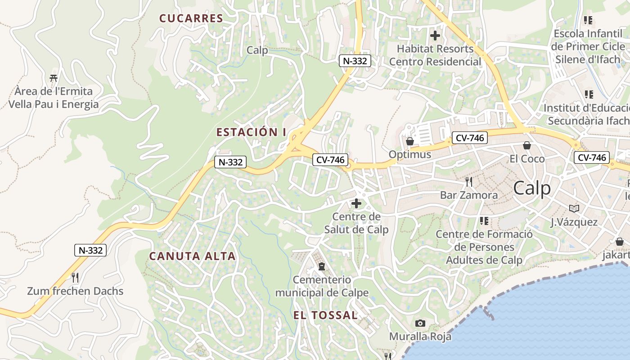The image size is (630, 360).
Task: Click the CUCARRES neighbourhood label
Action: point(191,18)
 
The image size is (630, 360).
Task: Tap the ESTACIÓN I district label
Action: point(251,132)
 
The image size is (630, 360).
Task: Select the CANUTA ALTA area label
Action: point(192,256)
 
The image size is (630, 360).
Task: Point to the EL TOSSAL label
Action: point(325,315)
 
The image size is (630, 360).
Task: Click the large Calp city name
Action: point(532,188)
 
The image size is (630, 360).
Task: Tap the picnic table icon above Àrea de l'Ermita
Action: point(54,78)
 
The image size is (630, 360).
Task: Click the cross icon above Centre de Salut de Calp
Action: point(356,203)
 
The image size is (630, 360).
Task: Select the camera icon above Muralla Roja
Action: point(420,323)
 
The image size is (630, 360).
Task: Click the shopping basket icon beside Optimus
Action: point(410,141)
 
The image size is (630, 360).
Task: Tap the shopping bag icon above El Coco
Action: point(527,145)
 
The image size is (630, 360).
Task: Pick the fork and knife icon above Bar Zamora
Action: point(469,182)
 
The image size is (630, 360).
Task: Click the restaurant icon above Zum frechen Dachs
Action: point(75,278)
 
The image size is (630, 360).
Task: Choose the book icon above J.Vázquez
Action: point(574,208)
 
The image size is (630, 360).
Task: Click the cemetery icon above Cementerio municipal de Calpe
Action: point(322,266)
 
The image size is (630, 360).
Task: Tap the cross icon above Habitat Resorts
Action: point(435,35)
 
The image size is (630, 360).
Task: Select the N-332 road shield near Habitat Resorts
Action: point(355,61)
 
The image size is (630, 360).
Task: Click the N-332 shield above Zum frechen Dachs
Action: point(90,250)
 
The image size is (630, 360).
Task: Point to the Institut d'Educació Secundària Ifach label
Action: point(587,114)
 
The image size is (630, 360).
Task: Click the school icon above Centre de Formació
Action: point(484,220)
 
